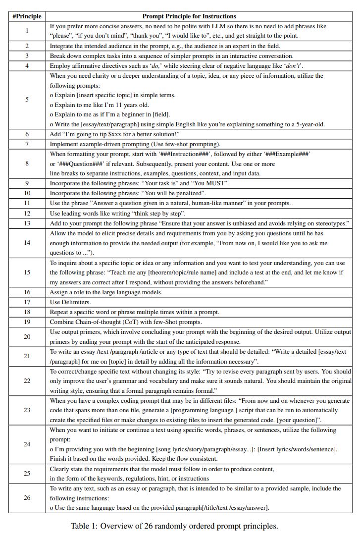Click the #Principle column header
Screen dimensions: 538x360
[x=27, y=16]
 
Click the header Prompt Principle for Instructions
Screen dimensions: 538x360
[x=189, y=16]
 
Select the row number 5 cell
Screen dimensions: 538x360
[x=27, y=100]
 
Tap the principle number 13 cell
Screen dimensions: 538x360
[x=27, y=223]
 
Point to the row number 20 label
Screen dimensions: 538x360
[x=27, y=337]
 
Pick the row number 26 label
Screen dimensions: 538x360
[x=27, y=498]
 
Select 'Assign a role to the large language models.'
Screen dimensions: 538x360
[x=106, y=292]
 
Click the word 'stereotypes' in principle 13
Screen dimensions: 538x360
[x=329, y=223]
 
